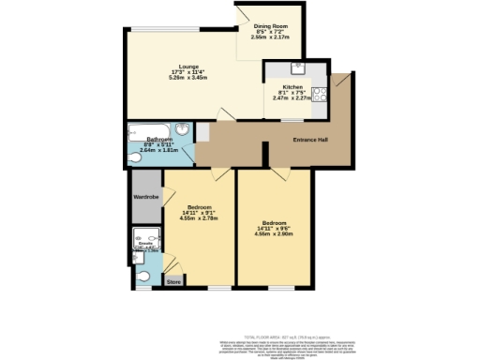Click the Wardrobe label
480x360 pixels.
[145, 197]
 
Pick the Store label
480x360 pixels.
[173, 280]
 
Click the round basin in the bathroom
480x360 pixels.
[184, 130]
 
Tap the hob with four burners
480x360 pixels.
[319, 93]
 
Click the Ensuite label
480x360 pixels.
[146, 246]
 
